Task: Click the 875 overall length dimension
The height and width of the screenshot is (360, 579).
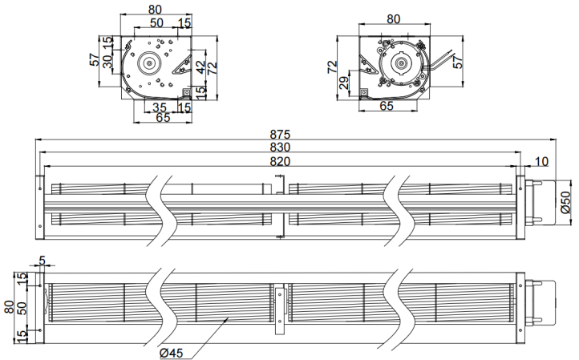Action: pos(280,134)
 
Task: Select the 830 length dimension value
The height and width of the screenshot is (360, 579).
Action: pos(280,148)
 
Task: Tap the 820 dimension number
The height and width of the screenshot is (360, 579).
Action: pos(280,161)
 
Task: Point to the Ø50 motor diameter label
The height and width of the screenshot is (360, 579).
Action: pos(565,202)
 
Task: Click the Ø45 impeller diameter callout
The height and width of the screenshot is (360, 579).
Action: pos(172,353)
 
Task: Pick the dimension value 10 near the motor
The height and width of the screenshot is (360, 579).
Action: pos(541,161)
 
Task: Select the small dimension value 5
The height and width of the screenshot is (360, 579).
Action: pos(42,261)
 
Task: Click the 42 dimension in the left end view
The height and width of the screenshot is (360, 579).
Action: pos(200,67)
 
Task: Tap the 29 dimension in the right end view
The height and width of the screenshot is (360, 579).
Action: pos(344,83)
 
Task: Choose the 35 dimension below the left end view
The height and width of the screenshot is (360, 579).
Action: pos(160,107)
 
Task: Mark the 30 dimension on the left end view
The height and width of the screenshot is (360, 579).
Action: pos(107,61)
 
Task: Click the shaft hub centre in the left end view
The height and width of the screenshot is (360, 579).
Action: pos(149,64)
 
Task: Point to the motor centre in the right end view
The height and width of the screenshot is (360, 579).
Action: pos(401,64)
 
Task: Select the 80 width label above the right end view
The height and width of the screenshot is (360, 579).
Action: pos(394,18)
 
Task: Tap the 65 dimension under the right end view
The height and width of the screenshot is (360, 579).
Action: pos(387,106)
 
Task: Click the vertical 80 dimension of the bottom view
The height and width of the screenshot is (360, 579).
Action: pos(9,307)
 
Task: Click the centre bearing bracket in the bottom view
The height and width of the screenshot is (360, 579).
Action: pos(280,309)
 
